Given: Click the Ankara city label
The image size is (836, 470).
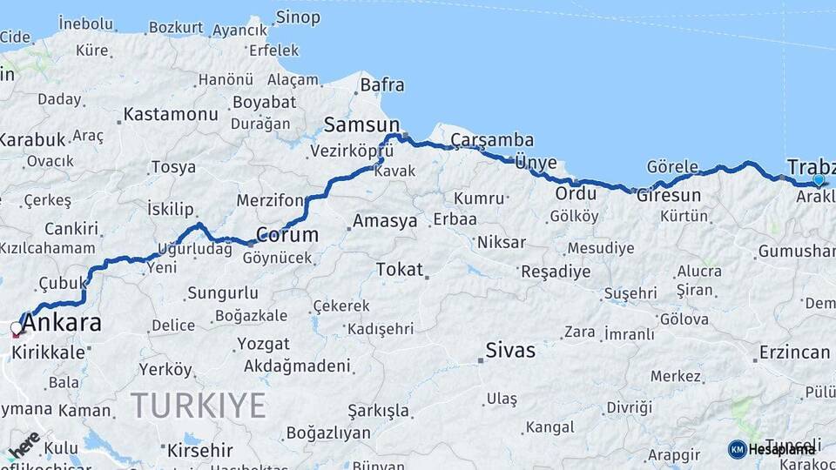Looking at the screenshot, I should tap(61, 324).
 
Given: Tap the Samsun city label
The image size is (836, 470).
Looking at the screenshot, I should tap(361, 124).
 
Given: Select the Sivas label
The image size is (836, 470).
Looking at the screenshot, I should tap(510, 351).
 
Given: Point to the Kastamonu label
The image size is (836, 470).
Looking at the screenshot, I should tap(170, 114).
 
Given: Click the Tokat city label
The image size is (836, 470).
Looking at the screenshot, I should tap(399, 270).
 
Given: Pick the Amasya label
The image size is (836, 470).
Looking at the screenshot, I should tap(384, 221).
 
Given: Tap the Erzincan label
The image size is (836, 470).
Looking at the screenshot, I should tap(794, 352).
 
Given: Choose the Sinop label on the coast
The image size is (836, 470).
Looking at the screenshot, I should tap(298, 17).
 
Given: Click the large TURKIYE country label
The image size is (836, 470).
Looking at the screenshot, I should tap(198, 405).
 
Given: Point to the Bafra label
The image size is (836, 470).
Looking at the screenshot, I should tap(382, 85).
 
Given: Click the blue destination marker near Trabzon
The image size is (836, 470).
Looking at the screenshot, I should tap(819, 180).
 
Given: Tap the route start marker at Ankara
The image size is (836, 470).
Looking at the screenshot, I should tap(16, 329).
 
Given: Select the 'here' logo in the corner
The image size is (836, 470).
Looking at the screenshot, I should tap(24, 443).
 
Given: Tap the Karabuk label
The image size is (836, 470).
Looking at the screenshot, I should tap(32, 139).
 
